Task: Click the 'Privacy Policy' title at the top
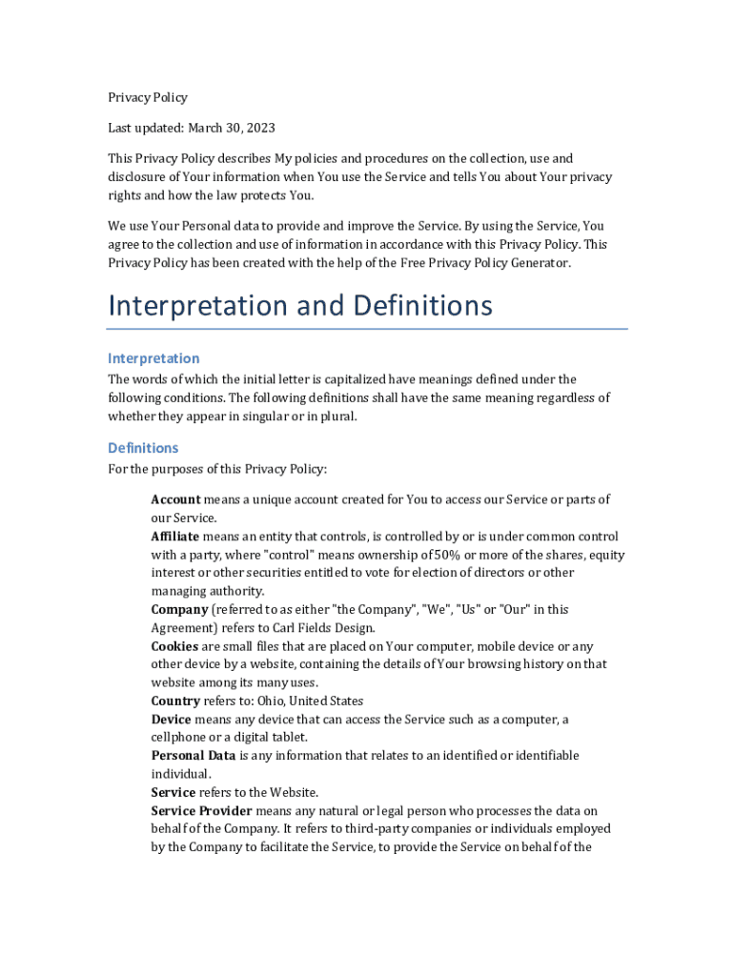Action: (148, 97)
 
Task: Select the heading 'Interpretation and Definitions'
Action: (300, 306)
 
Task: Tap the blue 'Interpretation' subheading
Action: (153, 358)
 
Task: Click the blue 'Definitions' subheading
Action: (143, 448)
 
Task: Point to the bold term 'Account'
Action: (175, 499)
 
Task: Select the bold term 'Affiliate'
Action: (175, 537)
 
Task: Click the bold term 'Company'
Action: (179, 609)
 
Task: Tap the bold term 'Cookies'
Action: (174, 646)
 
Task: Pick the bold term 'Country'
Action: (175, 701)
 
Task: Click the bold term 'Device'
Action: (171, 720)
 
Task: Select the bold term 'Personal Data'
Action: (194, 756)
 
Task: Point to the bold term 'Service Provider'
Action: (202, 811)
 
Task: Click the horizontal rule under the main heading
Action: (368, 330)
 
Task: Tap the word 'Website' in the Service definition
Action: (293, 793)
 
